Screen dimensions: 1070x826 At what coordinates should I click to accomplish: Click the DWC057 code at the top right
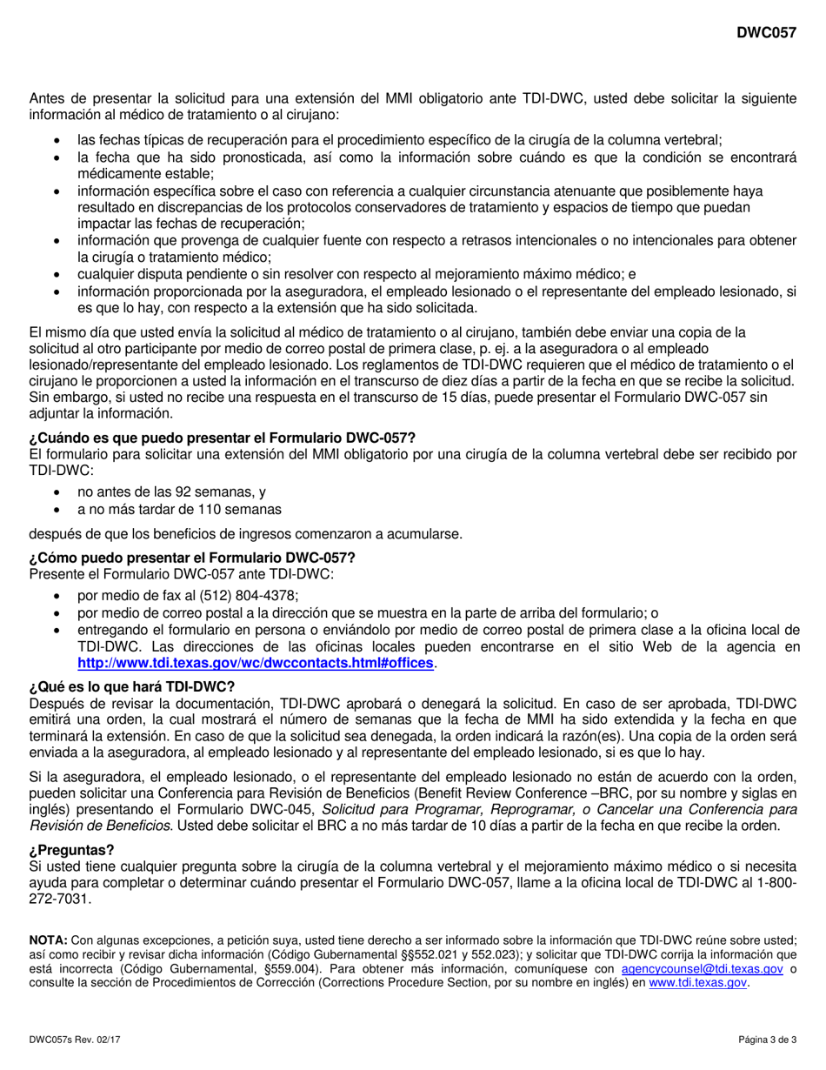tap(766, 33)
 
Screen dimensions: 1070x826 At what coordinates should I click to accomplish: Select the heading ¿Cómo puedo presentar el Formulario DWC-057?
tap(192, 558)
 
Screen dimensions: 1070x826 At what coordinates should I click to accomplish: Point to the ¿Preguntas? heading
tap(71, 849)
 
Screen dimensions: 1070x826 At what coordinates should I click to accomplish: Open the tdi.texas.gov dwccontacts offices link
tap(255, 663)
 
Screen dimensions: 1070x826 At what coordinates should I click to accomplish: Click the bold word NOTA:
tap(48, 940)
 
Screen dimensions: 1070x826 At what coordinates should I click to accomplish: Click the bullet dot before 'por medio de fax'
tap(57, 596)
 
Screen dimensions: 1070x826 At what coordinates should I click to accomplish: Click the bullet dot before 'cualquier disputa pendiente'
tap(57, 274)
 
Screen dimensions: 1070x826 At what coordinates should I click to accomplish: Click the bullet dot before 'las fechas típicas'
tap(57, 140)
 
